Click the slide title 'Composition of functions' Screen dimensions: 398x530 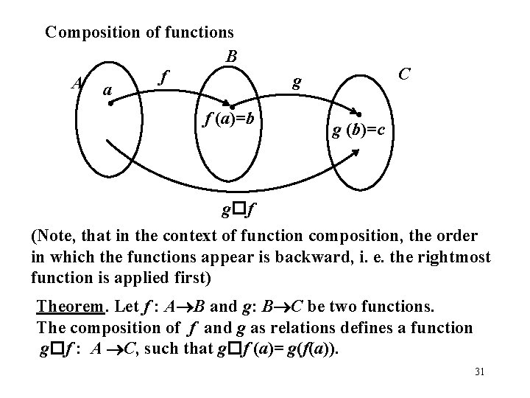pos(139,32)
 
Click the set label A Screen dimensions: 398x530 pos(77,84)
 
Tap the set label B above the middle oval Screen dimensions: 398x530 pos(232,57)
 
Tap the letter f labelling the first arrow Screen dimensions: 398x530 pos(164,77)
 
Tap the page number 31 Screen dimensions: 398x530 pos(480,371)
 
